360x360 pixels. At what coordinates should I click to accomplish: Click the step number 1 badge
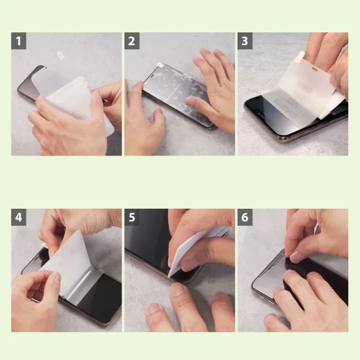click(x=20, y=41)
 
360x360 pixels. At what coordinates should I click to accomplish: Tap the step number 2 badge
click(x=132, y=41)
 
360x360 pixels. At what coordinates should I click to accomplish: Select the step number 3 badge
click(x=245, y=41)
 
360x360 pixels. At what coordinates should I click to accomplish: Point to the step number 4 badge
click(x=20, y=217)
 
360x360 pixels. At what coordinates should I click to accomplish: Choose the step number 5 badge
click(x=132, y=217)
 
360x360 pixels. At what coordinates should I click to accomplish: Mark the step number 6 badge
click(x=245, y=217)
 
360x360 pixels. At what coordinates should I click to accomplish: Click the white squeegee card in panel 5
click(x=197, y=250)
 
